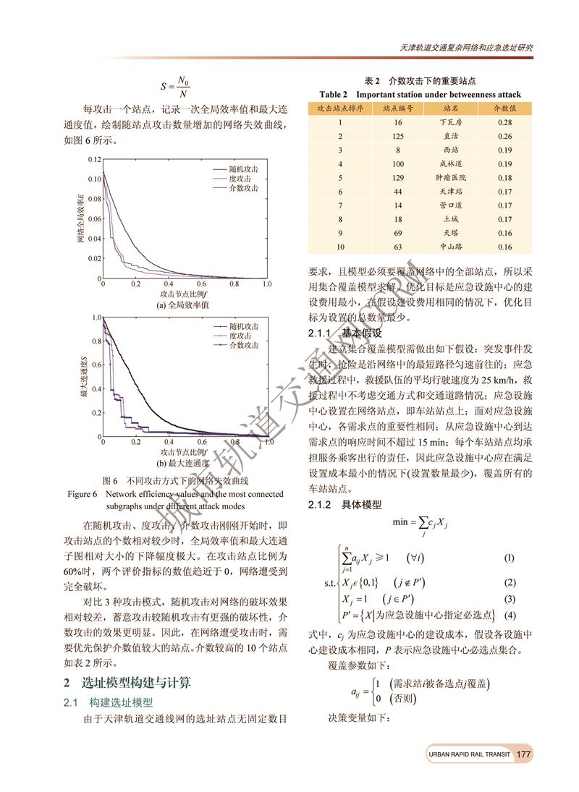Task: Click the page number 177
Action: click(525, 754)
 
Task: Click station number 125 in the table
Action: click(397, 136)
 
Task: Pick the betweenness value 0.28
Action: click(505, 122)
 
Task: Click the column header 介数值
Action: click(505, 108)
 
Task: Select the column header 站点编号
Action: click(397, 108)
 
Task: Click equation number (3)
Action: click(509, 599)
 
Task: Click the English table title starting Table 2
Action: click(420, 94)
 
